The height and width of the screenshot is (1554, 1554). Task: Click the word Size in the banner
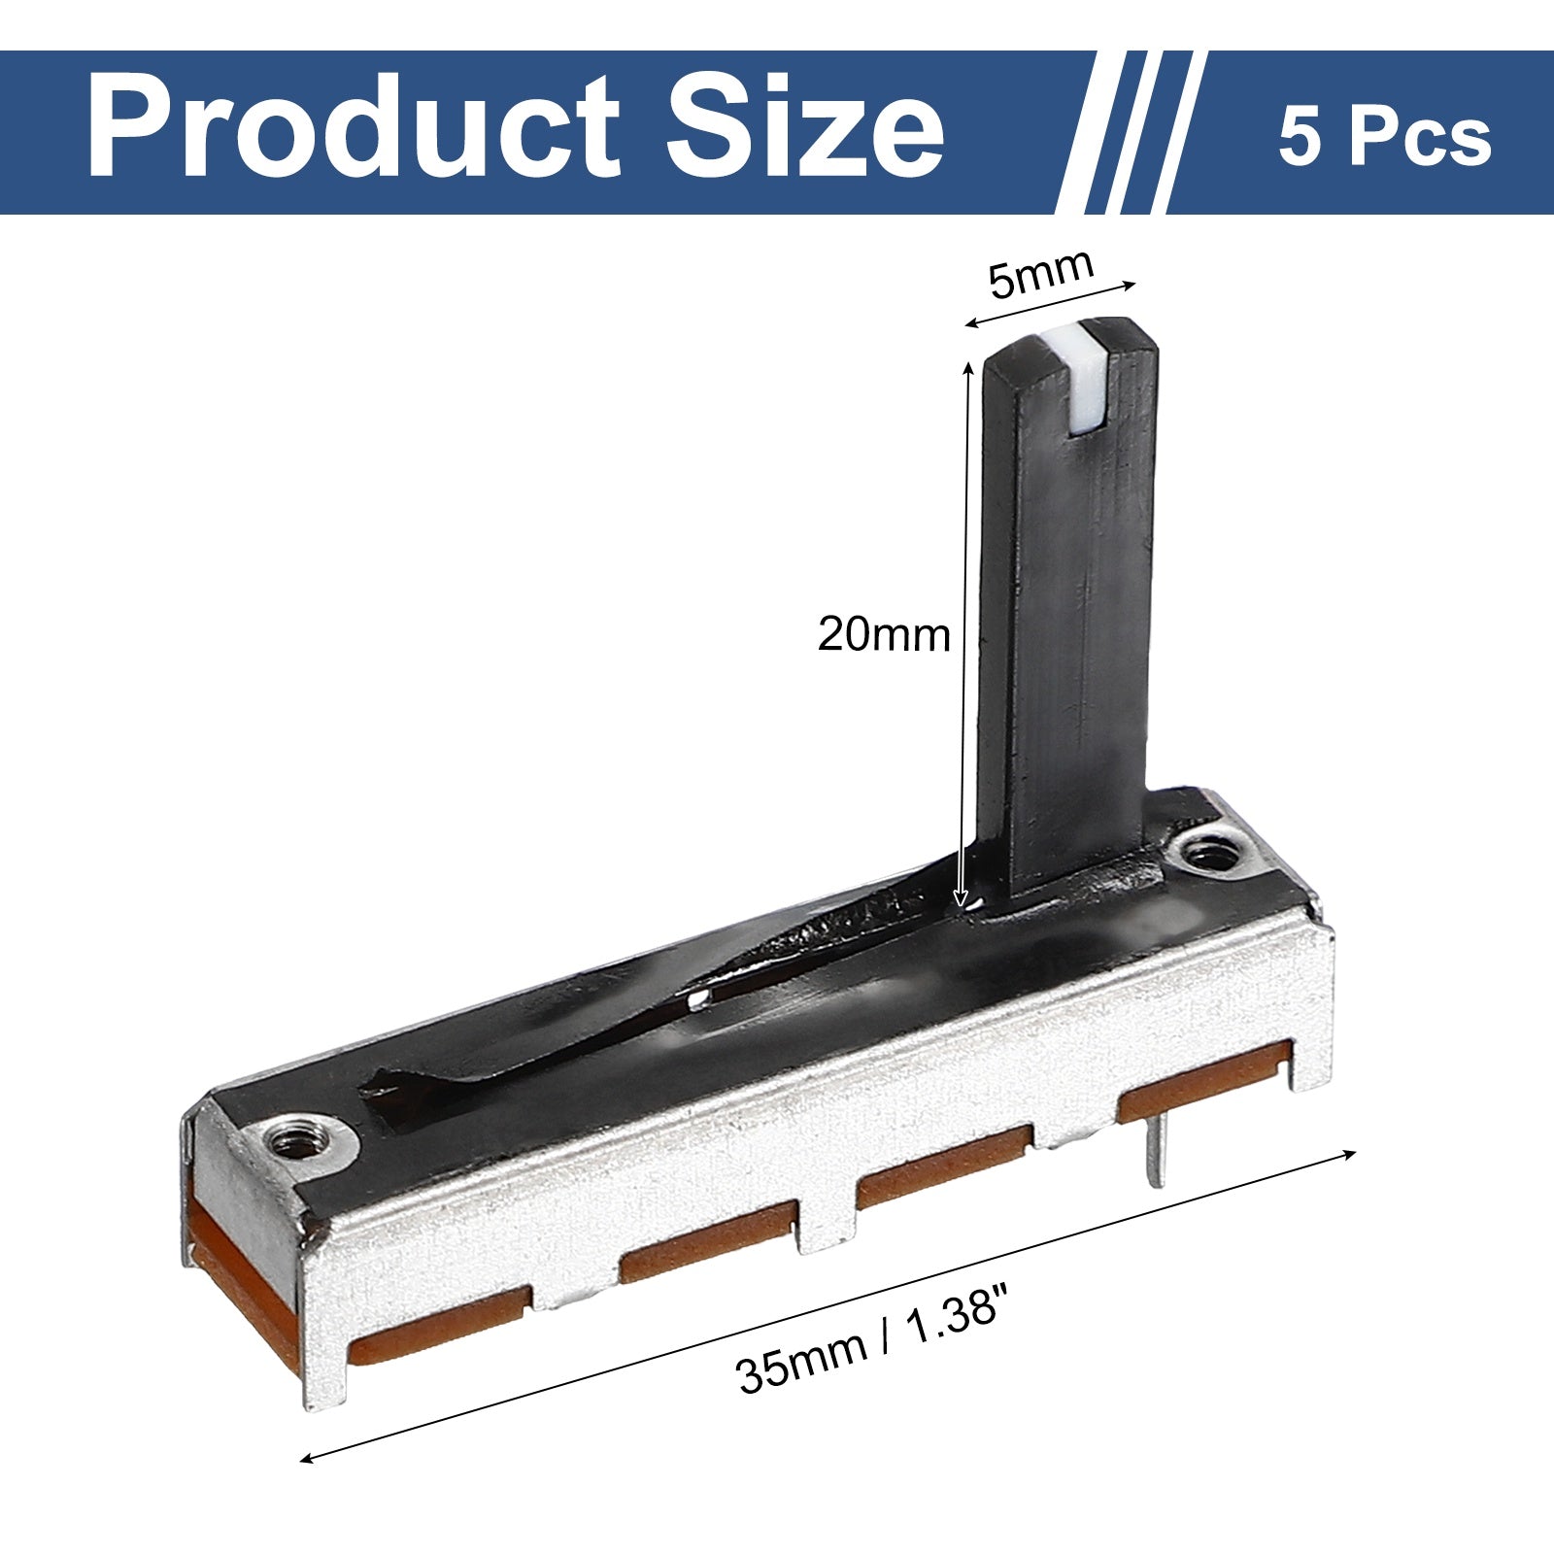(806, 129)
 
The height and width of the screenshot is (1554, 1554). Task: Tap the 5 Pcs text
(1384, 136)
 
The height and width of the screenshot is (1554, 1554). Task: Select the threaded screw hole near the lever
(1207, 855)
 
